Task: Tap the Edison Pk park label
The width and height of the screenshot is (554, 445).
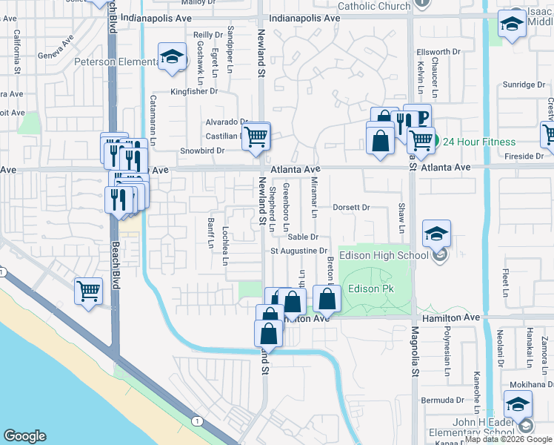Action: pos(370,289)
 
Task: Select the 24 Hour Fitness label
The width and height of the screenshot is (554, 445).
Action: pos(475,141)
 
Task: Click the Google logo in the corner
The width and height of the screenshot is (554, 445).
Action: pos(24,436)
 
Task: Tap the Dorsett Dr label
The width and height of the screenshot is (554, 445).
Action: pos(350,208)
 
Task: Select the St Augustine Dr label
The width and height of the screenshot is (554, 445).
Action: pos(298,251)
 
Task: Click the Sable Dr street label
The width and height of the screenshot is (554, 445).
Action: pos(303,237)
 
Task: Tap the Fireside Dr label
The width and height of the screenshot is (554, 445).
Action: pos(524,156)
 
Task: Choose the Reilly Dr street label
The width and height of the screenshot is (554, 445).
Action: pos(208,35)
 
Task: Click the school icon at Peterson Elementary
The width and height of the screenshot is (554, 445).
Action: pos(172,56)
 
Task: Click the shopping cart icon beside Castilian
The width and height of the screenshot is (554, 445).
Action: pos(256,136)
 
